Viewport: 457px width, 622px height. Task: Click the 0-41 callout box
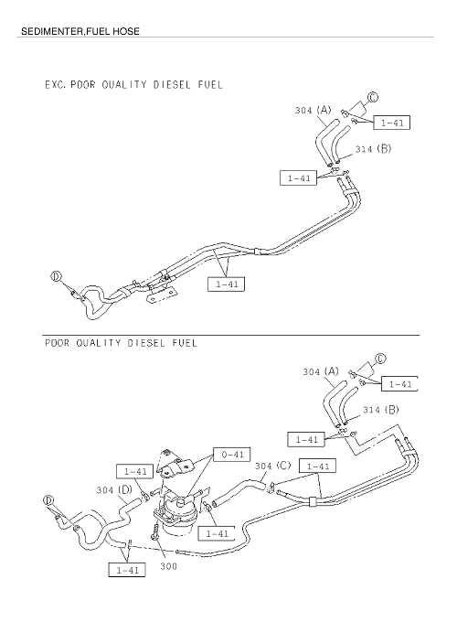point(232,455)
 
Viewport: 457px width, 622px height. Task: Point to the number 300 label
point(168,566)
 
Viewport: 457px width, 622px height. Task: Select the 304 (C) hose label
point(272,466)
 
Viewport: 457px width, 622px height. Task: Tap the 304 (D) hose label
point(114,490)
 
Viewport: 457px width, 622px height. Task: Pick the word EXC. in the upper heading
point(56,84)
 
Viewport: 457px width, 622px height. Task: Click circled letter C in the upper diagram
point(373,97)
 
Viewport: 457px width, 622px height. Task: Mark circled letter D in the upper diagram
point(56,276)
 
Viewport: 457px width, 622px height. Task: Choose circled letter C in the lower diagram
point(380,359)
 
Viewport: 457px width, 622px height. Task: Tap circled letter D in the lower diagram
point(48,500)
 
